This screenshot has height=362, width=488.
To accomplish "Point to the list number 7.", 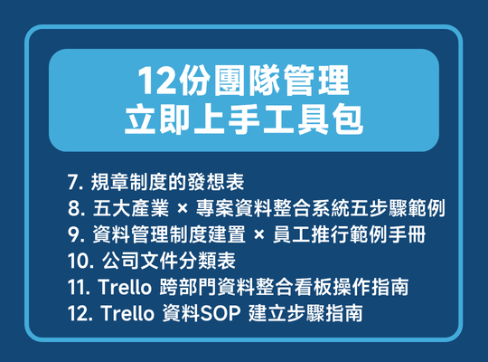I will (x=73, y=181).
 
